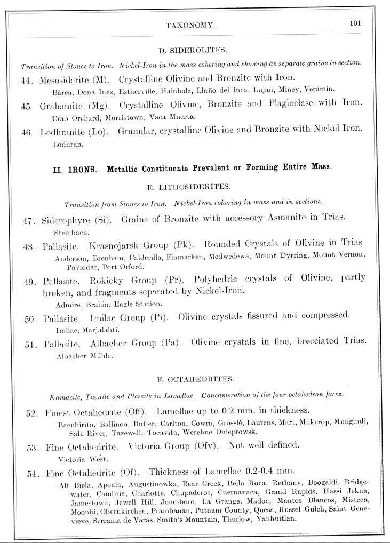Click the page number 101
(356, 23)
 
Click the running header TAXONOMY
(190, 25)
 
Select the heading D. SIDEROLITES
(193, 51)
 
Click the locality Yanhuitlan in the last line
(272, 519)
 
